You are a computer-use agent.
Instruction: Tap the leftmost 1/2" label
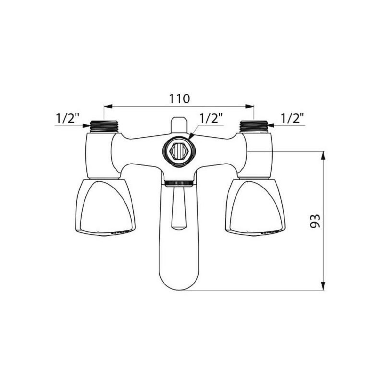[x=67, y=118]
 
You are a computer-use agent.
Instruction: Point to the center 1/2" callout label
[x=211, y=118]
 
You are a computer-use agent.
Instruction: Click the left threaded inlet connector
[x=104, y=126]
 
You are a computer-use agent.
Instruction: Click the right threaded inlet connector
[x=254, y=126]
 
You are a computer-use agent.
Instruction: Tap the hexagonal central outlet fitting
[x=179, y=150]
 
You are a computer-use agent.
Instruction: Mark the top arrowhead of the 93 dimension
[x=324, y=156]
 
